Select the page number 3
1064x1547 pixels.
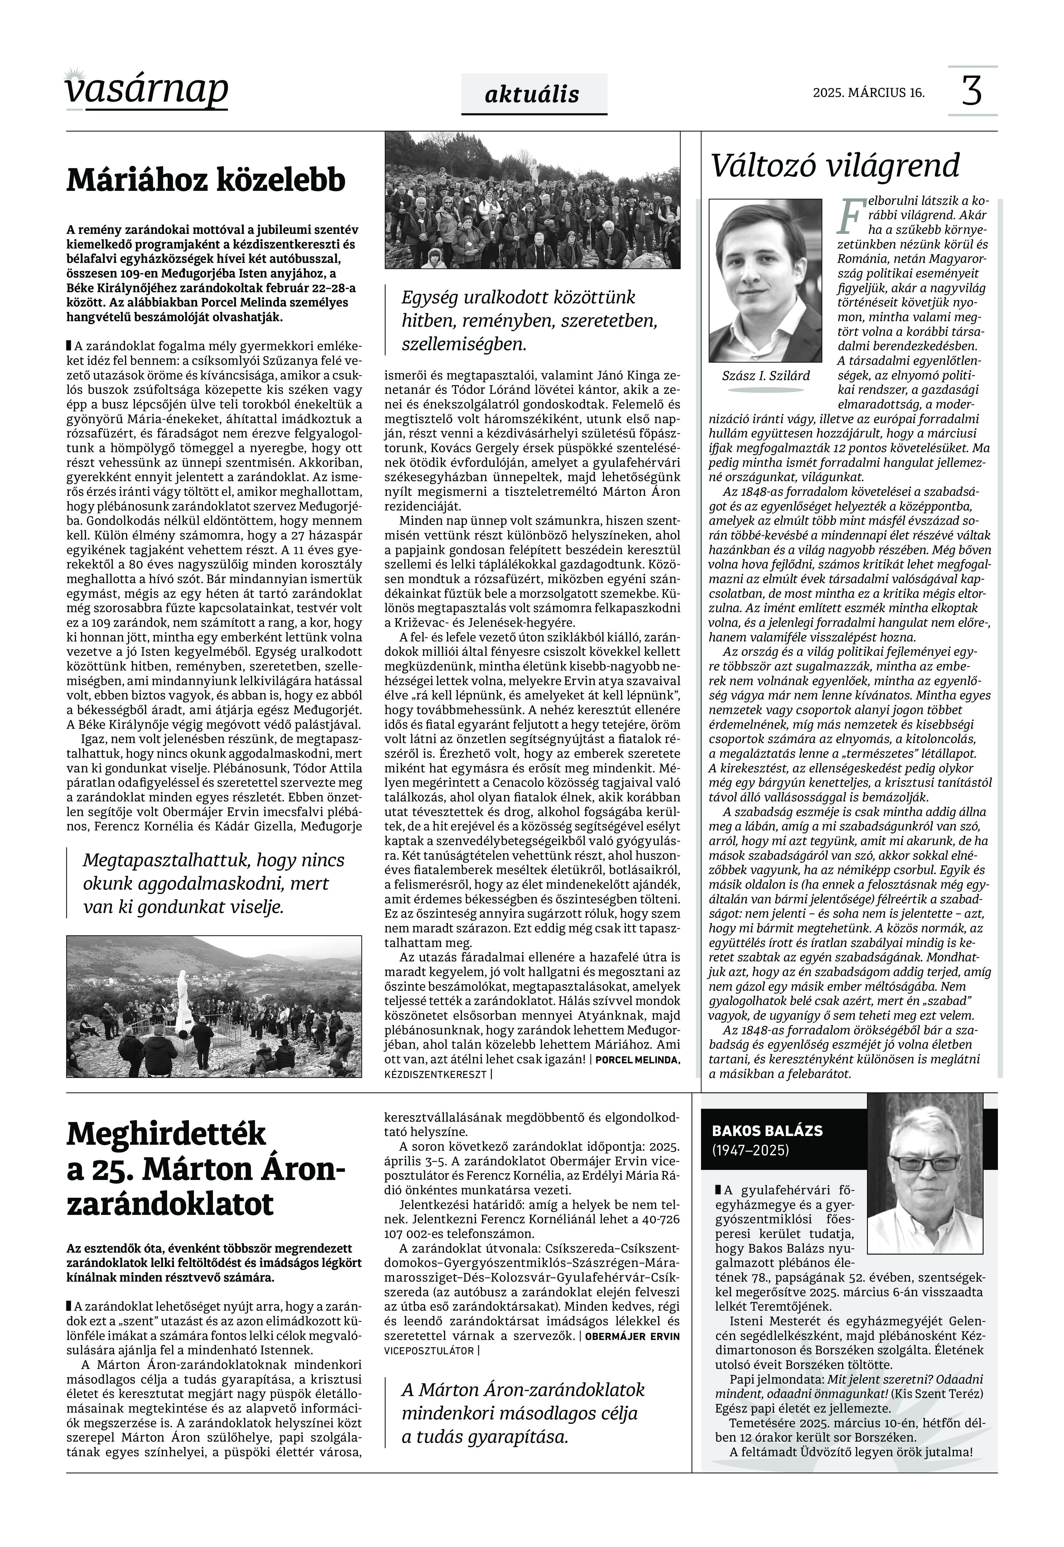[972, 91]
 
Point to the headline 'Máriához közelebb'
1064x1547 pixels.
[206, 180]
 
